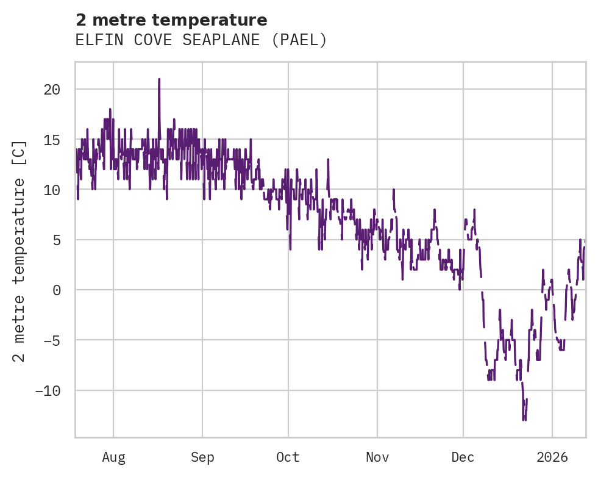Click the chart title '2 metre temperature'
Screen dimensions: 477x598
pos(171,20)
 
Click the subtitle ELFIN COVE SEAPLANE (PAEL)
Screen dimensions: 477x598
pos(201,40)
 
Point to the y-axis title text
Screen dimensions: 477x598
pos(20,250)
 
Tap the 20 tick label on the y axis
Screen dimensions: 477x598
pos(52,89)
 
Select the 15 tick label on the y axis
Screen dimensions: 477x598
pos(52,140)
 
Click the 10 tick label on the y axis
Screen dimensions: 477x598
pos(52,190)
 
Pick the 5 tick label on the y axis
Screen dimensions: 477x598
pos(56,240)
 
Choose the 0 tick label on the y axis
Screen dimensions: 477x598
pos(56,290)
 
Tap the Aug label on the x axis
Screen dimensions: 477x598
pos(113,457)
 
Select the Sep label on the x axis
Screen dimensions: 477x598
pos(202,457)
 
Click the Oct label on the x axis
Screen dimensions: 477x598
pos(288,457)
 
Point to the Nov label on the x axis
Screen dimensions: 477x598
pos(377,457)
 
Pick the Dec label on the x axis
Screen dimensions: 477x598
pos(463,457)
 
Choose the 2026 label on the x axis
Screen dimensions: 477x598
pos(552,457)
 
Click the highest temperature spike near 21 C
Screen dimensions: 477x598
pos(159,79)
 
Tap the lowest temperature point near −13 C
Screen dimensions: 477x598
pos(524,419)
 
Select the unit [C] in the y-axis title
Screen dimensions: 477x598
pos(20,153)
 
